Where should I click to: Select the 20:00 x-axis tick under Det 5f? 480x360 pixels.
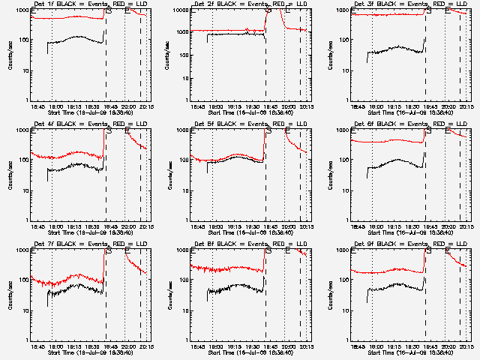(x=287, y=226)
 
